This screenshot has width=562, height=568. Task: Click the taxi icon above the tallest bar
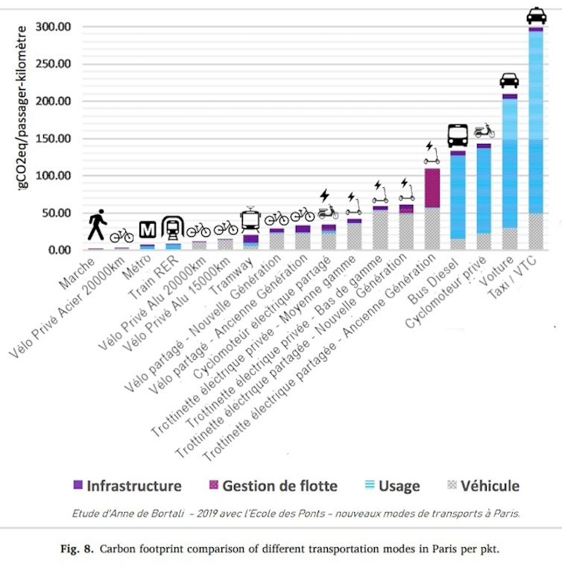536,16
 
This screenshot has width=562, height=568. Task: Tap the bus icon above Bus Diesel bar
458,135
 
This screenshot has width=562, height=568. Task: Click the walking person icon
97,224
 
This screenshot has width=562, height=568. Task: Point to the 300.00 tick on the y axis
52,27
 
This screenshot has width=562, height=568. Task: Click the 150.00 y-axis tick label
52,139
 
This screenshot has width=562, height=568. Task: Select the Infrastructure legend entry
128,486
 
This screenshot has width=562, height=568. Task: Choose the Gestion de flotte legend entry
271,486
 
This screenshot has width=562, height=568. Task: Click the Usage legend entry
393,486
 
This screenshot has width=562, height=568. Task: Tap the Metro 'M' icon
148,230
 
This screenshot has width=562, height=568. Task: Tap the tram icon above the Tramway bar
250,219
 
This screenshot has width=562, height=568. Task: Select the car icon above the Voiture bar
510,81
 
